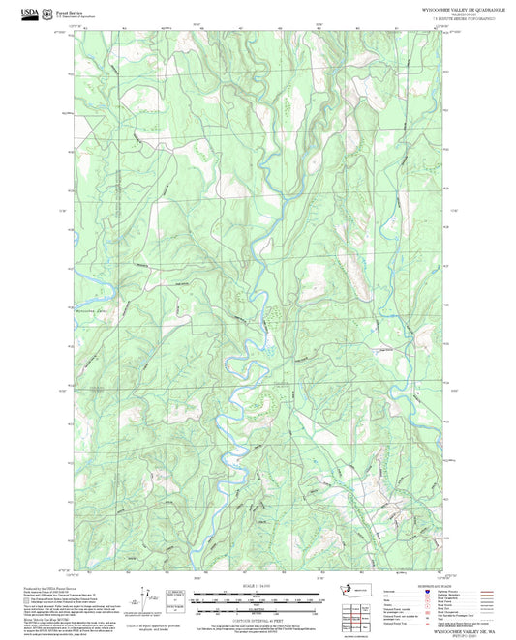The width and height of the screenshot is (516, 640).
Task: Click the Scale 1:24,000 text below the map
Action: (x=257, y=561)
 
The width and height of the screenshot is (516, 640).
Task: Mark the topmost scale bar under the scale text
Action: (x=257, y=568)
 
